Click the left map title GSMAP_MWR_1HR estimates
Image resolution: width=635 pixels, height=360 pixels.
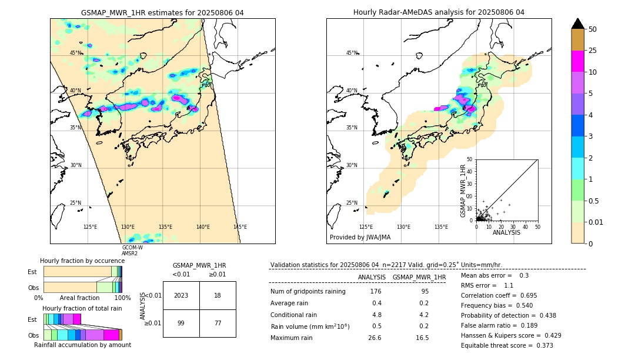(162, 12)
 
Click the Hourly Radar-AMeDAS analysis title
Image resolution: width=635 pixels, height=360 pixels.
(439, 12)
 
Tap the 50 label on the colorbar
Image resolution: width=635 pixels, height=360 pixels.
(593, 29)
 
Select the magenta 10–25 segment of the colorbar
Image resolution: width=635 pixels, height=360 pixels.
(577, 61)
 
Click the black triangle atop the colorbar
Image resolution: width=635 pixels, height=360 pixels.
(577, 24)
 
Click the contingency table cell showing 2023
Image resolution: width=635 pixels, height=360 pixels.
(181, 295)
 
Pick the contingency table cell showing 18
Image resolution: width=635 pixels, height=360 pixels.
(218, 295)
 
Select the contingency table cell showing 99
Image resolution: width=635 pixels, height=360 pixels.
(181, 323)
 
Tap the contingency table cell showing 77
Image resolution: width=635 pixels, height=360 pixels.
(218, 323)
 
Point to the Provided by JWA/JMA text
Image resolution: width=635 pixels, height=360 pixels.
(360, 237)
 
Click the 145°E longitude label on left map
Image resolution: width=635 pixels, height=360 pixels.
(240, 227)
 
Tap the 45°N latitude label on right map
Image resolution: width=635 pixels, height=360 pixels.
(352, 53)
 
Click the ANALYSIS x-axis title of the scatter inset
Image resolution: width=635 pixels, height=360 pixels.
(507, 232)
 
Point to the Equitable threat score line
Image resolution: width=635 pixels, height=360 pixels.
(507, 345)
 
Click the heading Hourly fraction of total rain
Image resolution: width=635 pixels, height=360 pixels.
(82, 308)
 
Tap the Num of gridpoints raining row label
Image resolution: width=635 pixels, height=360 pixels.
(308, 291)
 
